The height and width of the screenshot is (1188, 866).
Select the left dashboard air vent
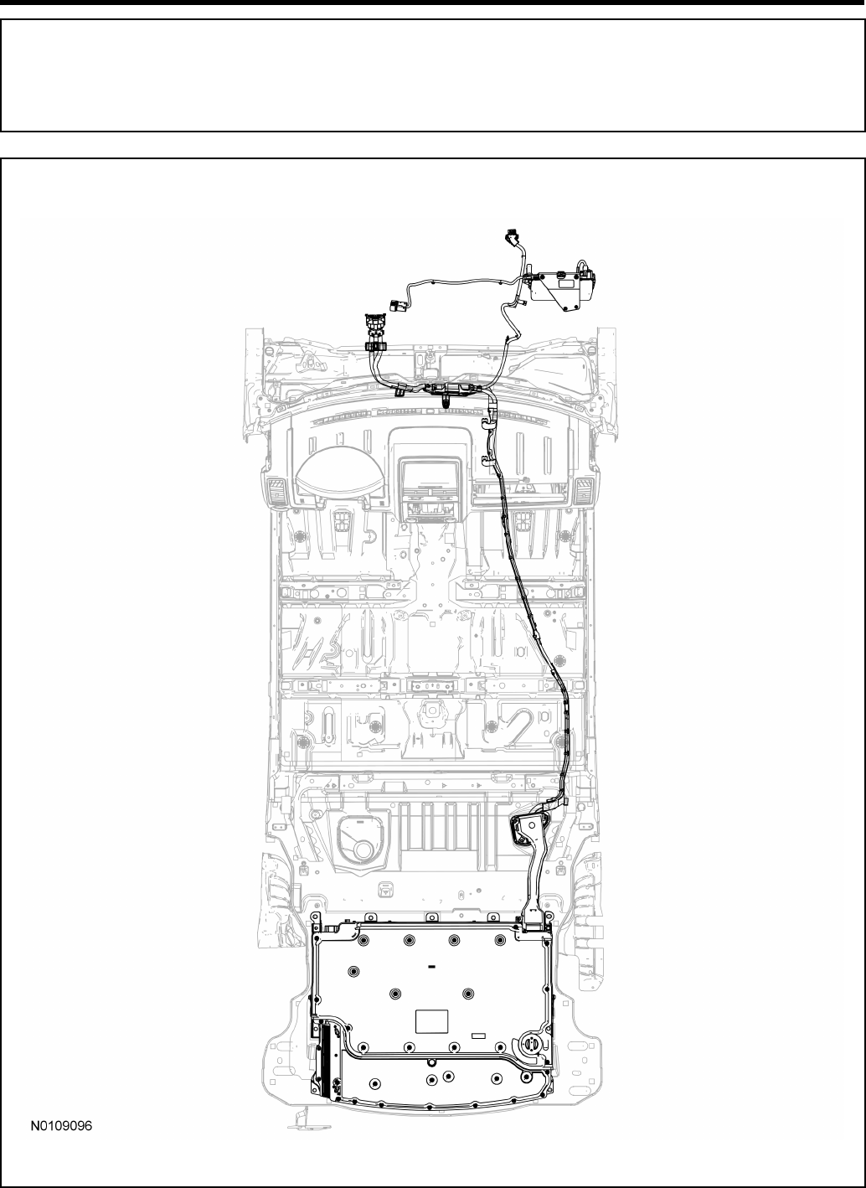click(x=275, y=490)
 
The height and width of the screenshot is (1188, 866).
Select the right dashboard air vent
click(x=584, y=490)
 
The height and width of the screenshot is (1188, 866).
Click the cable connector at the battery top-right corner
click(x=532, y=927)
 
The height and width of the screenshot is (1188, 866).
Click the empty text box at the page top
click(x=432, y=75)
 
